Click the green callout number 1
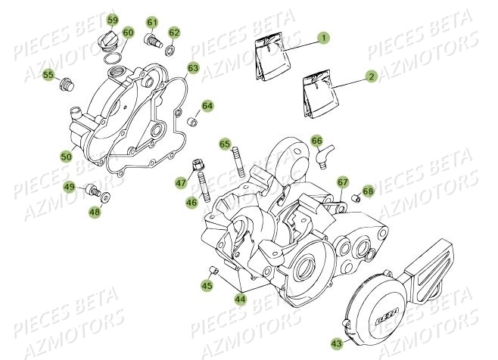pyautogui.click(x=323, y=37)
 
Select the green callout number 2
pyautogui.click(x=371, y=76)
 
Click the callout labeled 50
pyautogui.click(x=67, y=157)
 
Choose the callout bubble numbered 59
pyautogui.click(x=113, y=20)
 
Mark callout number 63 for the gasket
pyautogui.click(x=193, y=69)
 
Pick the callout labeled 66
pyautogui.click(x=317, y=141)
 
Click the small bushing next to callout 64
pyautogui.click(x=193, y=121)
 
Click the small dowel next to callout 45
pyautogui.click(x=213, y=271)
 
